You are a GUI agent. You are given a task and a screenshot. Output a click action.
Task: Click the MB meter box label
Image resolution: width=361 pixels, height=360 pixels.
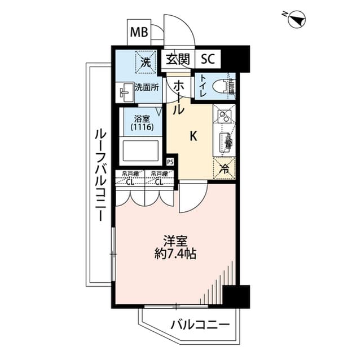[x=139, y=33]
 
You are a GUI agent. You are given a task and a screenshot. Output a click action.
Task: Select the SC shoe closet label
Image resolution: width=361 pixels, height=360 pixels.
[x=208, y=59]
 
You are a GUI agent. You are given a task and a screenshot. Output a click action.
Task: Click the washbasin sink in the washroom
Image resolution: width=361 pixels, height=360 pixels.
[x=125, y=92]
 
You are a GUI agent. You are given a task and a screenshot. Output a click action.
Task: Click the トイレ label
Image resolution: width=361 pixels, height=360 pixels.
[x=201, y=86]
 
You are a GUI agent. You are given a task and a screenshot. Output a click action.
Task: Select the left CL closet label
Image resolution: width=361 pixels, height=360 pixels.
[x=130, y=181]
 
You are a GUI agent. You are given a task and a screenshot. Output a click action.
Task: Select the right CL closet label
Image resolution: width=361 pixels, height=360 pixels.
[x=159, y=181]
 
